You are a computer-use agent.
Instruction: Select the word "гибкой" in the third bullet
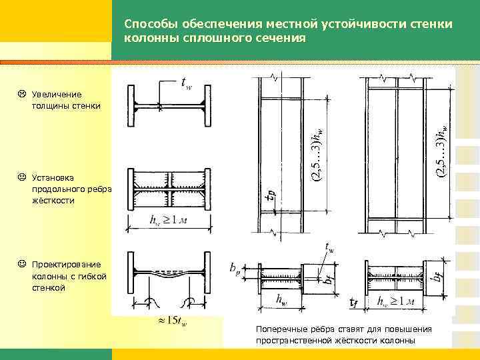coord(88,276)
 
